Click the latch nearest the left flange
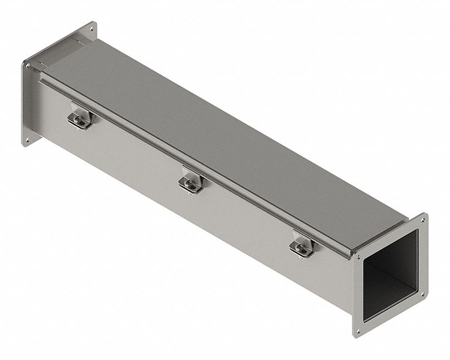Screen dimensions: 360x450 pos(80,119)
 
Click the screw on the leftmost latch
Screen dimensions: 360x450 pos(79,117)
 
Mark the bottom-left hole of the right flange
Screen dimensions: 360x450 pos(358,330)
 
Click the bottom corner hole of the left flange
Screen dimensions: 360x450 pos(25,140)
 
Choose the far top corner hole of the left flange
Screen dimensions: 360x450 pos(90,26)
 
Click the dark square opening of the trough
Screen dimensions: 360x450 pos(390,268)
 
